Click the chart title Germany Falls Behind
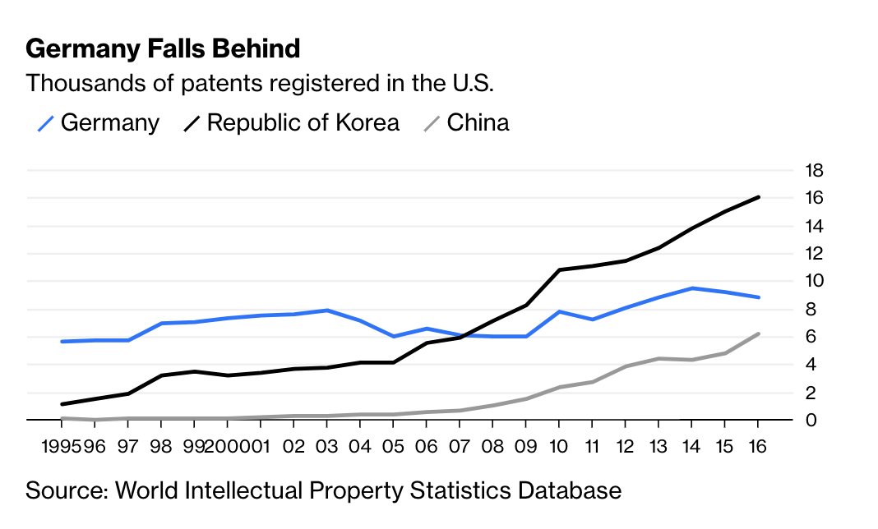[x=163, y=49]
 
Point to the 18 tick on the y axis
[x=814, y=171]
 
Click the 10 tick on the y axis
[x=814, y=281]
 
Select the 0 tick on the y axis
[x=810, y=421]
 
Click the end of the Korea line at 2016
[x=758, y=197]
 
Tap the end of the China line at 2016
[x=758, y=333]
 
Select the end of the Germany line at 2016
[x=758, y=297]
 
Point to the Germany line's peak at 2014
[x=692, y=288]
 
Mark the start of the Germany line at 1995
[x=62, y=341]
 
